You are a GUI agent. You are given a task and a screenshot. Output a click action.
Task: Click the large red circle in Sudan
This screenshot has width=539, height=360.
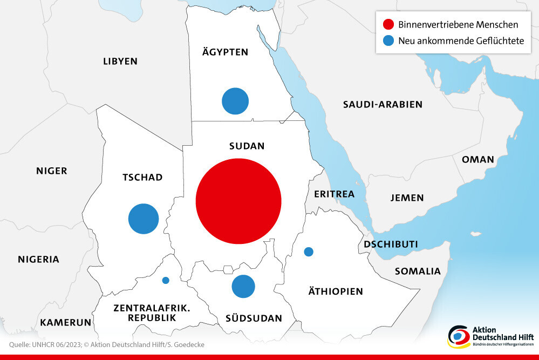pos(238,200)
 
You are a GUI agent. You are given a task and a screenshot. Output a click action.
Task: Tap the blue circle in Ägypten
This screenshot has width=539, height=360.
pos(235,101)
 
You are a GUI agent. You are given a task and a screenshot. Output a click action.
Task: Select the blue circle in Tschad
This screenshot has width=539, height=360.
pos(144,219)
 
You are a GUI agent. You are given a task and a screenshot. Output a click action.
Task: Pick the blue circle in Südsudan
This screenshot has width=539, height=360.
pos(243,286)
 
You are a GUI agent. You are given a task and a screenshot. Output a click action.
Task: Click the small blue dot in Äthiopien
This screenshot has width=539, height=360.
pos(309,252)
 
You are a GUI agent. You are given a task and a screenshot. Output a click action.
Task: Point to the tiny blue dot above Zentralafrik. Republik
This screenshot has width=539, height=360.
pos(166,280)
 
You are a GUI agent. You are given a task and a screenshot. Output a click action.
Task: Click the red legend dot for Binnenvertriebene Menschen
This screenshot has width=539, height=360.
pos(387,24)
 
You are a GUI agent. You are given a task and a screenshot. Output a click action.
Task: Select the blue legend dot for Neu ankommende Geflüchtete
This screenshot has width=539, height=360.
pos(387,40)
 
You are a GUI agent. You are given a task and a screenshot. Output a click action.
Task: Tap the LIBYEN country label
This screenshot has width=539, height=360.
pos(120,61)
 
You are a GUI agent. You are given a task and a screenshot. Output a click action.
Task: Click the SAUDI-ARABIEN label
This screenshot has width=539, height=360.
pos(383,104)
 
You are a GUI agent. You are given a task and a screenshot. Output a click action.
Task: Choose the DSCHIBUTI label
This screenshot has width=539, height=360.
pos(391,244)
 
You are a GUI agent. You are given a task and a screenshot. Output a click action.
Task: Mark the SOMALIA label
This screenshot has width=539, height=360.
pos(418,271)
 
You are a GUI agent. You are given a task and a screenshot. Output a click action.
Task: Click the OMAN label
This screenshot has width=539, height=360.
pos(477,159)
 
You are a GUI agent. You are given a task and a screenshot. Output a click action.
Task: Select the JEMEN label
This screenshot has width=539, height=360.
pos(407,198)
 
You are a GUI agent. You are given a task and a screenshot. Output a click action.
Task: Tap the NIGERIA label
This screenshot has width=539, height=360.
pos(38,259)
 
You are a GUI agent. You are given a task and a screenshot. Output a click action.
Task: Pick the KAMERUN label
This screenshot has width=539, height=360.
pos(65,322)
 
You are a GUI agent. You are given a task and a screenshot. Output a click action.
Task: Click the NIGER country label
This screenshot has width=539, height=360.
pos(52,171)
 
